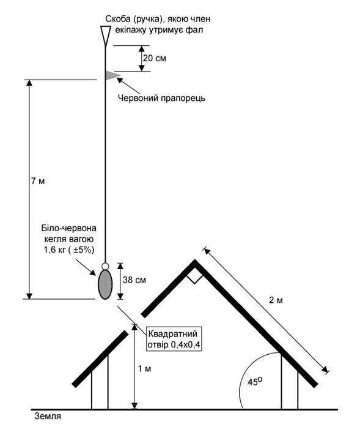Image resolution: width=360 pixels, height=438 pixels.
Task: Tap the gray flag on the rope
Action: (112, 75)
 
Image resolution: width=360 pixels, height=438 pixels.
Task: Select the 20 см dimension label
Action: (155, 58)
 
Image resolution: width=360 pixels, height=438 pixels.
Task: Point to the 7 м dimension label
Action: (38, 181)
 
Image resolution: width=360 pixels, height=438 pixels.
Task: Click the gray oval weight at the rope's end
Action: (105, 284)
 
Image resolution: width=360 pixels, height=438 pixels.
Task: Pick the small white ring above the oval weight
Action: (105, 266)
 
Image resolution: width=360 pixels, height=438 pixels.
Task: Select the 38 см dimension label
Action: (134, 280)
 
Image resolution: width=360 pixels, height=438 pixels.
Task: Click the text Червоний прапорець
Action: (161, 98)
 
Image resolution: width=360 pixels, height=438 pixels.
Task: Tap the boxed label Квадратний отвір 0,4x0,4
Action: (174, 339)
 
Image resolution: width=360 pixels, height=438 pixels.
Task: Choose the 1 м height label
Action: (145, 369)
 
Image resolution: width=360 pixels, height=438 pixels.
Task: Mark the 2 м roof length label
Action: (276, 300)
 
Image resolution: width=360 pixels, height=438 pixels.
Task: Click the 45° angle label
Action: (255, 381)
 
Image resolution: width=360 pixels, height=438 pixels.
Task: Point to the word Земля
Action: (48, 417)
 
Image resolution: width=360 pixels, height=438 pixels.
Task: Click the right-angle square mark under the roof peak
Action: (195, 277)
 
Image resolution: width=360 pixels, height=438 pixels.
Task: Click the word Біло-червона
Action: (69, 228)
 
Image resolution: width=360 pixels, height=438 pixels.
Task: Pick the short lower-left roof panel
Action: (100, 359)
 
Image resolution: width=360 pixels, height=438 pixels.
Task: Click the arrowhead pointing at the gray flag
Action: (120, 80)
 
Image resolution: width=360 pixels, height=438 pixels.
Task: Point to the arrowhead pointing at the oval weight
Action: (93, 272)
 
